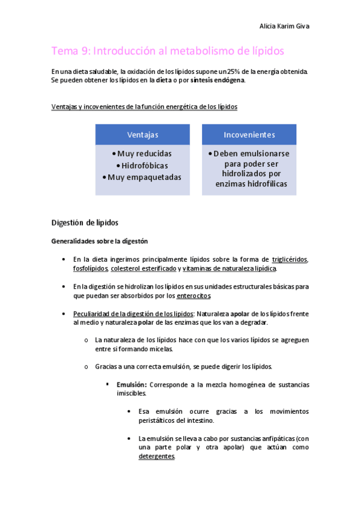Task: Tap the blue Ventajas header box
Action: [142, 134]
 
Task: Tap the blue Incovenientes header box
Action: [249, 134]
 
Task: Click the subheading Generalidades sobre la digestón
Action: [99, 241]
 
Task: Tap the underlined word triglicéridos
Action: [290, 259]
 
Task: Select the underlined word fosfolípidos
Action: [91, 268]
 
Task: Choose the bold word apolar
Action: [240, 313]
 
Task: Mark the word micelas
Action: [144, 349]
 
